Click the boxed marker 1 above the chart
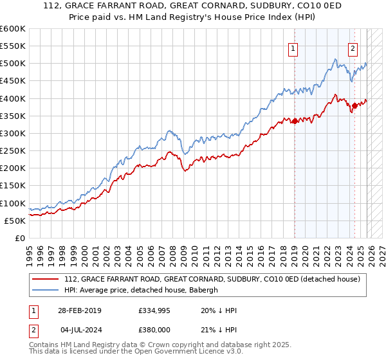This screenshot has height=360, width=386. tap(293, 47)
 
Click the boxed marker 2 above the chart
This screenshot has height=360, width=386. tap(353, 47)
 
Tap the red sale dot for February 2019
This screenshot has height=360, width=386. tap(295, 120)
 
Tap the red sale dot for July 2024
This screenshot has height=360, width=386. tap(354, 105)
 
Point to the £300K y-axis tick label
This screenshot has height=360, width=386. tap(14, 133)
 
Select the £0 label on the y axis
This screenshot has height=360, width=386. tap(21, 238)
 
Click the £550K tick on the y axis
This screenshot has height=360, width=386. tap(14, 46)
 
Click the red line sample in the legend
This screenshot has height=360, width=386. tap(45, 280)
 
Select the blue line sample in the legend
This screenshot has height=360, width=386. tap(45, 290)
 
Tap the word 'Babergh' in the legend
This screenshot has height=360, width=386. tap(205, 290)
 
